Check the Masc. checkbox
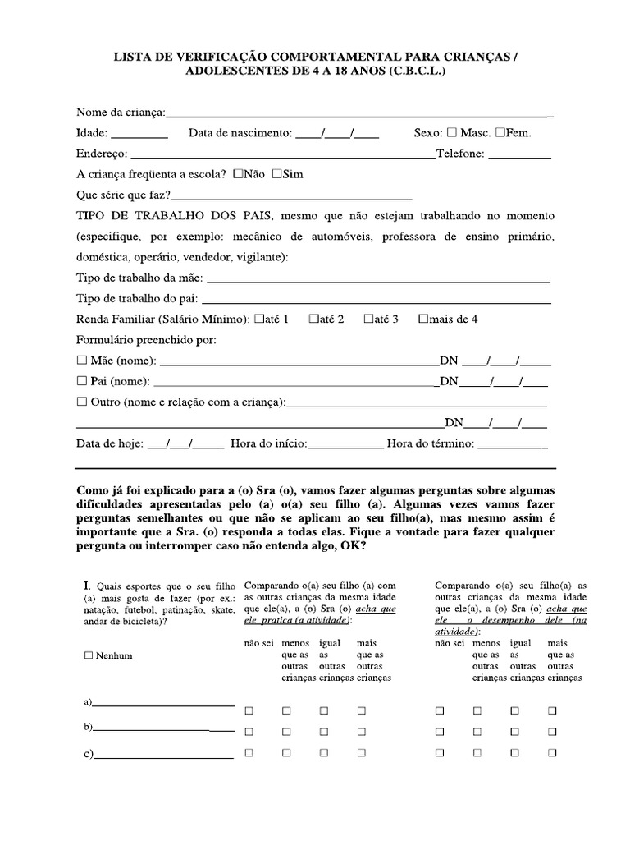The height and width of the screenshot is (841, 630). (x=452, y=132)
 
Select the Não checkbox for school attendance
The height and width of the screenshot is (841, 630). (x=238, y=174)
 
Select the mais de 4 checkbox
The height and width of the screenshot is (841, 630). (x=423, y=319)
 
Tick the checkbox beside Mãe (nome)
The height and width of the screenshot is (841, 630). (x=81, y=361)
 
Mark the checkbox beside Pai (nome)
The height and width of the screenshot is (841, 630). (x=81, y=382)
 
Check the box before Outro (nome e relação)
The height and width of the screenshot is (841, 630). (x=81, y=402)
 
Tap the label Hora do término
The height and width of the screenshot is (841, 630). (x=430, y=443)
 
